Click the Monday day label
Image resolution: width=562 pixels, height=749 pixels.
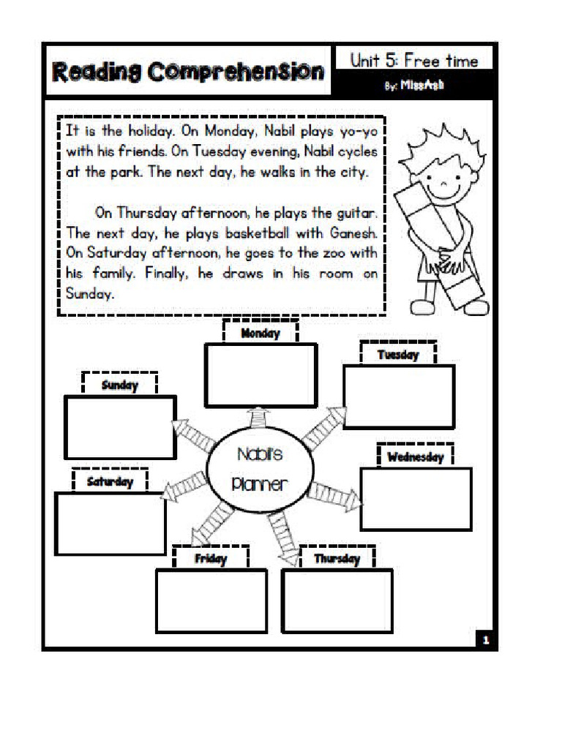coord(261,334)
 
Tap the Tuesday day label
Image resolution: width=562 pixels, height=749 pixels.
coord(398,355)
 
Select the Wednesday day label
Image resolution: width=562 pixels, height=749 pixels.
coord(416,457)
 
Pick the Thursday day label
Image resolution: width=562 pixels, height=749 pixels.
coord(337,559)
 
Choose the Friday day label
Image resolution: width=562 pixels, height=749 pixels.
coord(211,559)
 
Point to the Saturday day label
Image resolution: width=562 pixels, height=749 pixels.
coord(110,481)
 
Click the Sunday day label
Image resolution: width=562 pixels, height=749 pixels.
coord(120,385)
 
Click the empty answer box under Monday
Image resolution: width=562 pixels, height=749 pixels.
coord(261,374)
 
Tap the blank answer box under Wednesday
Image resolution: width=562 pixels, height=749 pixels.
coord(416,499)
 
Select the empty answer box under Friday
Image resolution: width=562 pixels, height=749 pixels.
coord(211,601)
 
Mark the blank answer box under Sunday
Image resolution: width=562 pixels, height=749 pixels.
coord(120,427)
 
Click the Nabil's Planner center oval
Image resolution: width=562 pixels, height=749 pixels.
coord(260,469)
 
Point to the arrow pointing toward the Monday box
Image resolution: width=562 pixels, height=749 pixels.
coord(258,417)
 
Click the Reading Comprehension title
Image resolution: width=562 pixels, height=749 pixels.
coord(188,72)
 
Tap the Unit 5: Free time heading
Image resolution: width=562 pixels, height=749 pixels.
coord(413,60)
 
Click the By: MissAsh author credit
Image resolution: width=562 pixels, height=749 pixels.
coord(414,86)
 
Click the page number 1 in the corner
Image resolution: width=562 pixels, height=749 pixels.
coord(484,640)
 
